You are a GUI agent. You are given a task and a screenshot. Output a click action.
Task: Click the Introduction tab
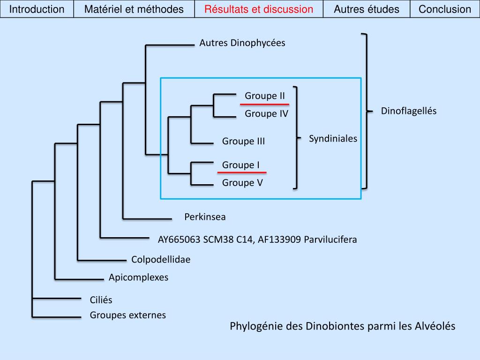(x=37, y=9)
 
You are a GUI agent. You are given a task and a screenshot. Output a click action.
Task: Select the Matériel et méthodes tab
(x=134, y=9)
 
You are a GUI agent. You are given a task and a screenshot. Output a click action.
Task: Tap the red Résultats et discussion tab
(x=259, y=9)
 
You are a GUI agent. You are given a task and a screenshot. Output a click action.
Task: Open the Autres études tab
(x=367, y=9)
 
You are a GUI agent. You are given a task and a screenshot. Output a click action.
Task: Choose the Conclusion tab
(x=445, y=9)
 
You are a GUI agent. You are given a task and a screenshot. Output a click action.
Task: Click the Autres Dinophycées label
(x=242, y=43)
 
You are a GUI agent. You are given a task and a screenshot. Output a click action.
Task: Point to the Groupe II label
(x=264, y=96)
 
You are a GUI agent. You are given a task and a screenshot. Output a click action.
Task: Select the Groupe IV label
(x=266, y=113)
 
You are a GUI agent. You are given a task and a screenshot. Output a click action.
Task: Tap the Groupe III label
(x=243, y=141)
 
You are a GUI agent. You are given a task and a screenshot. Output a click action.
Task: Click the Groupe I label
(x=240, y=165)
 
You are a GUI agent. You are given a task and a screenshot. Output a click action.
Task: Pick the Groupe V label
(x=242, y=183)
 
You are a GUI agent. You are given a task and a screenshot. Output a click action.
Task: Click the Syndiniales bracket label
(x=333, y=139)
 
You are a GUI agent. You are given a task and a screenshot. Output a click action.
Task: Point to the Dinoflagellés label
(x=408, y=111)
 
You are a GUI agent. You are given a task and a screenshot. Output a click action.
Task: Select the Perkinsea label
(x=205, y=217)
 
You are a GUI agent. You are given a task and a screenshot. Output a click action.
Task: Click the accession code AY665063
(x=179, y=240)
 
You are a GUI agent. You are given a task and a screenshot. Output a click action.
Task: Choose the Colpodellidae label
(x=161, y=260)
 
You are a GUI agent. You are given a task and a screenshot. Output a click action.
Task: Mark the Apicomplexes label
(x=138, y=277)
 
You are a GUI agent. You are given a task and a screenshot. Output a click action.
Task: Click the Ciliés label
(x=101, y=300)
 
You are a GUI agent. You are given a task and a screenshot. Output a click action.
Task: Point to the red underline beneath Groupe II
(x=264, y=104)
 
